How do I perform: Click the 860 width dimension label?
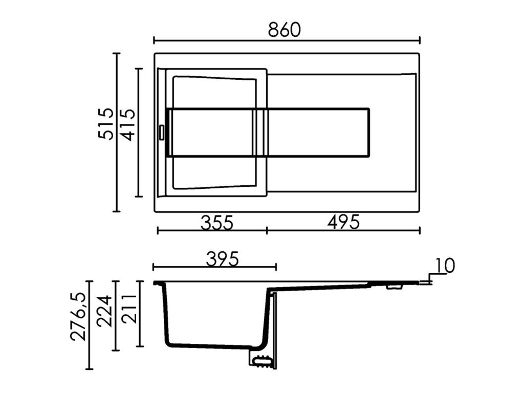pos(285,30)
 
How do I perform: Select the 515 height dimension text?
pos(105,123)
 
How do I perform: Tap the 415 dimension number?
pos(127,124)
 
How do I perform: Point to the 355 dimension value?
pos(216,223)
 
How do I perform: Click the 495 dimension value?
pos(344,222)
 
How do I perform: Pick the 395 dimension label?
pos(222,259)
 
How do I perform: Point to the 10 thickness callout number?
pos(445,266)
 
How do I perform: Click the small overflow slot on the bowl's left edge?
pos(161,132)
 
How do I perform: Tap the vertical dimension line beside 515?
pos(117,132)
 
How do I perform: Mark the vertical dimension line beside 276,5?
pos(90,324)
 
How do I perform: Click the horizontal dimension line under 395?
pos(214,267)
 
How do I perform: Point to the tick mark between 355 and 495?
pos(267,230)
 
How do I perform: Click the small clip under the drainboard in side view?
pos(394,288)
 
